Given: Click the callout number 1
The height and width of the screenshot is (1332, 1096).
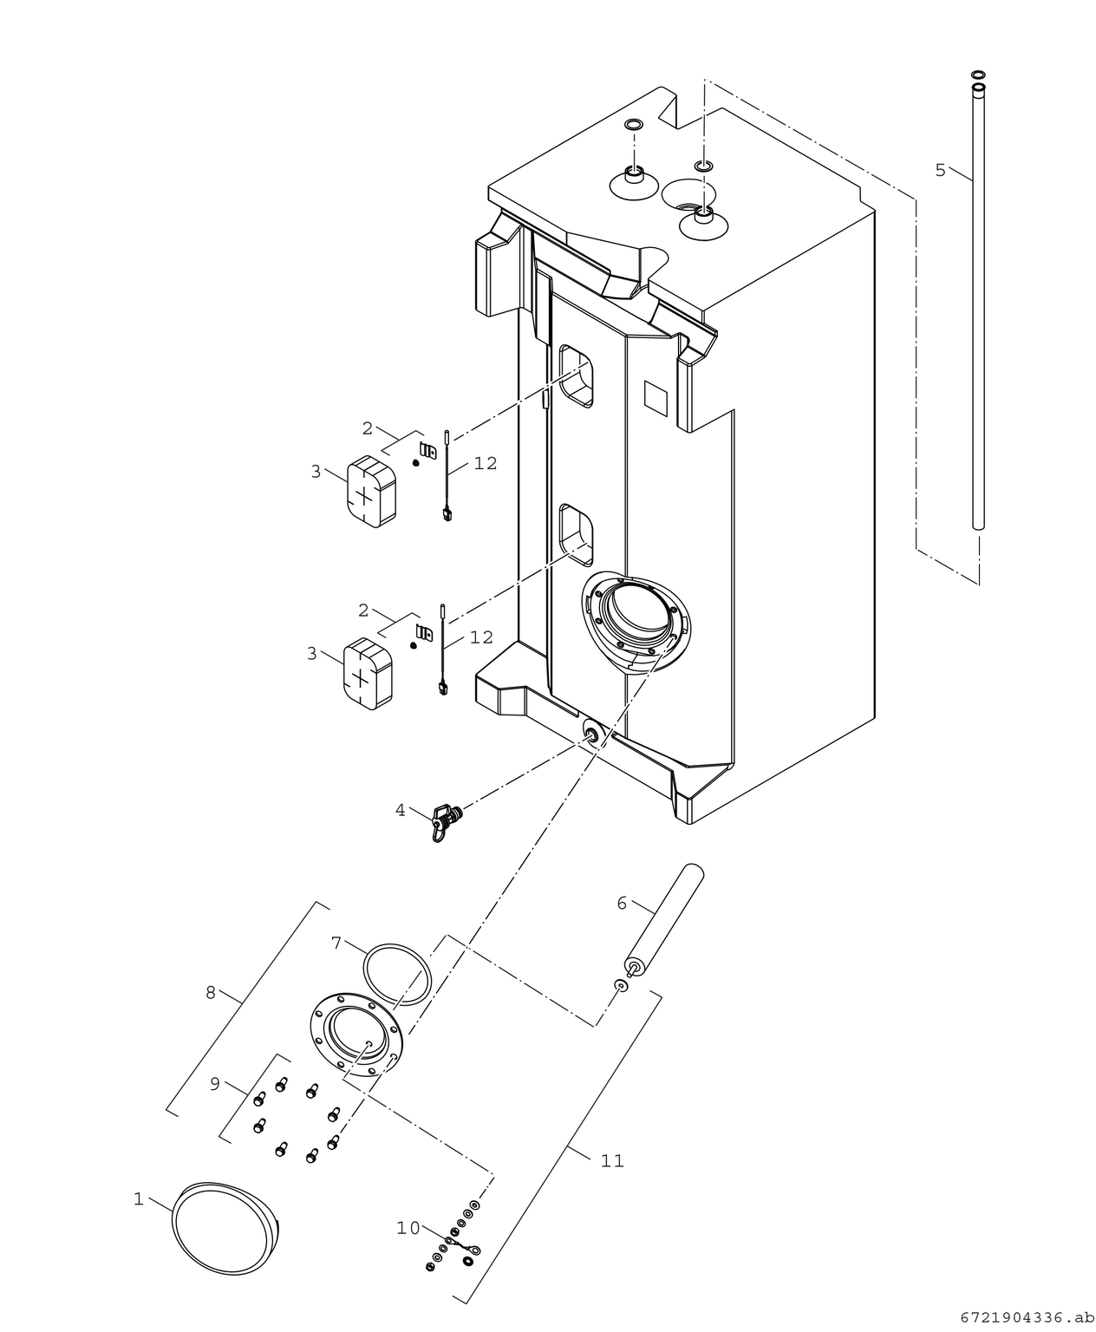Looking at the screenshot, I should pos(138,1199).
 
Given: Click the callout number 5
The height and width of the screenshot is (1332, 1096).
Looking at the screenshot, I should pos(941,170).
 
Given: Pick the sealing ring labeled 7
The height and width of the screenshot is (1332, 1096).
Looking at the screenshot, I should pos(397,975).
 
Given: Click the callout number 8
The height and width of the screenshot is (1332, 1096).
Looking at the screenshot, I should pos(211,993).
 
